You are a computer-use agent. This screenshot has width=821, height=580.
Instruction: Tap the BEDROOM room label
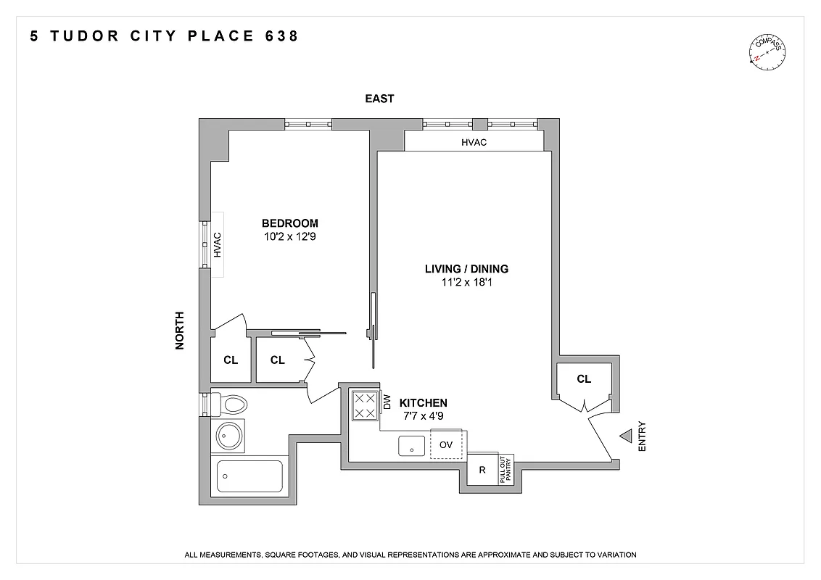[x=289, y=223]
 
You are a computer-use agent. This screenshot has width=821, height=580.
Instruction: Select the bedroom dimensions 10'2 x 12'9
[x=289, y=236]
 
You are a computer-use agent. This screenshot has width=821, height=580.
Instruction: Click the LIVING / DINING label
[x=466, y=269]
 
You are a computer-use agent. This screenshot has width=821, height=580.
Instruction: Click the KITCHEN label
[x=424, y=403]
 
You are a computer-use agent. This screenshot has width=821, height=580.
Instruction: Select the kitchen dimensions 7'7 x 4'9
[x=424, y=415]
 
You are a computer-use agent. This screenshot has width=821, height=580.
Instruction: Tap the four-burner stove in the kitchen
[x=364, y=405]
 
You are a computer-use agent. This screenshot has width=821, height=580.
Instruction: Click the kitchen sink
[x=413, y=447]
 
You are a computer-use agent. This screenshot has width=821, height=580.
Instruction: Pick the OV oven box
[x=446, y=444]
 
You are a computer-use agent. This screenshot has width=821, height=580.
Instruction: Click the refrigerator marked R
[x=482, y=470]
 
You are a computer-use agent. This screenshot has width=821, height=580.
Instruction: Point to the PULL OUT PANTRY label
[x=506, y=469]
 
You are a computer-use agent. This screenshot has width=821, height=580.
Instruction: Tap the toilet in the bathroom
[x=231, y=403]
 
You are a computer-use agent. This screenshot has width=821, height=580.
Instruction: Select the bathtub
[x=249, y=476]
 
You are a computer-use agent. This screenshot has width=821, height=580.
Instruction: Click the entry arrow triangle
[x=625, y=436]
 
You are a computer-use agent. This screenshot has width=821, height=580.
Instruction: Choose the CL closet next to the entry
[x=584, y=379]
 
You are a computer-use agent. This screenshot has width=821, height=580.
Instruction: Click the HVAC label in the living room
[x=474, y=142]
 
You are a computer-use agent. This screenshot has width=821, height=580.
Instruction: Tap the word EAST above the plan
[x=379, y=99]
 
